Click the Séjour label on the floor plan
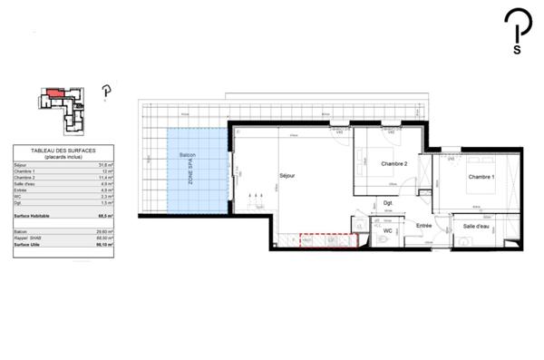(x=287, y=175)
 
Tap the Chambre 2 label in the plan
(x=393, y=163)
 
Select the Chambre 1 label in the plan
(x=481, y=178)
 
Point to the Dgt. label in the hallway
(x=387, y=202)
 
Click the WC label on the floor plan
(x=387, y=231)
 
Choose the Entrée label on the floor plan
(x=423, y=226)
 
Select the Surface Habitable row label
(x=33, y=217)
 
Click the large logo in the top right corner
(x=517, y=35)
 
